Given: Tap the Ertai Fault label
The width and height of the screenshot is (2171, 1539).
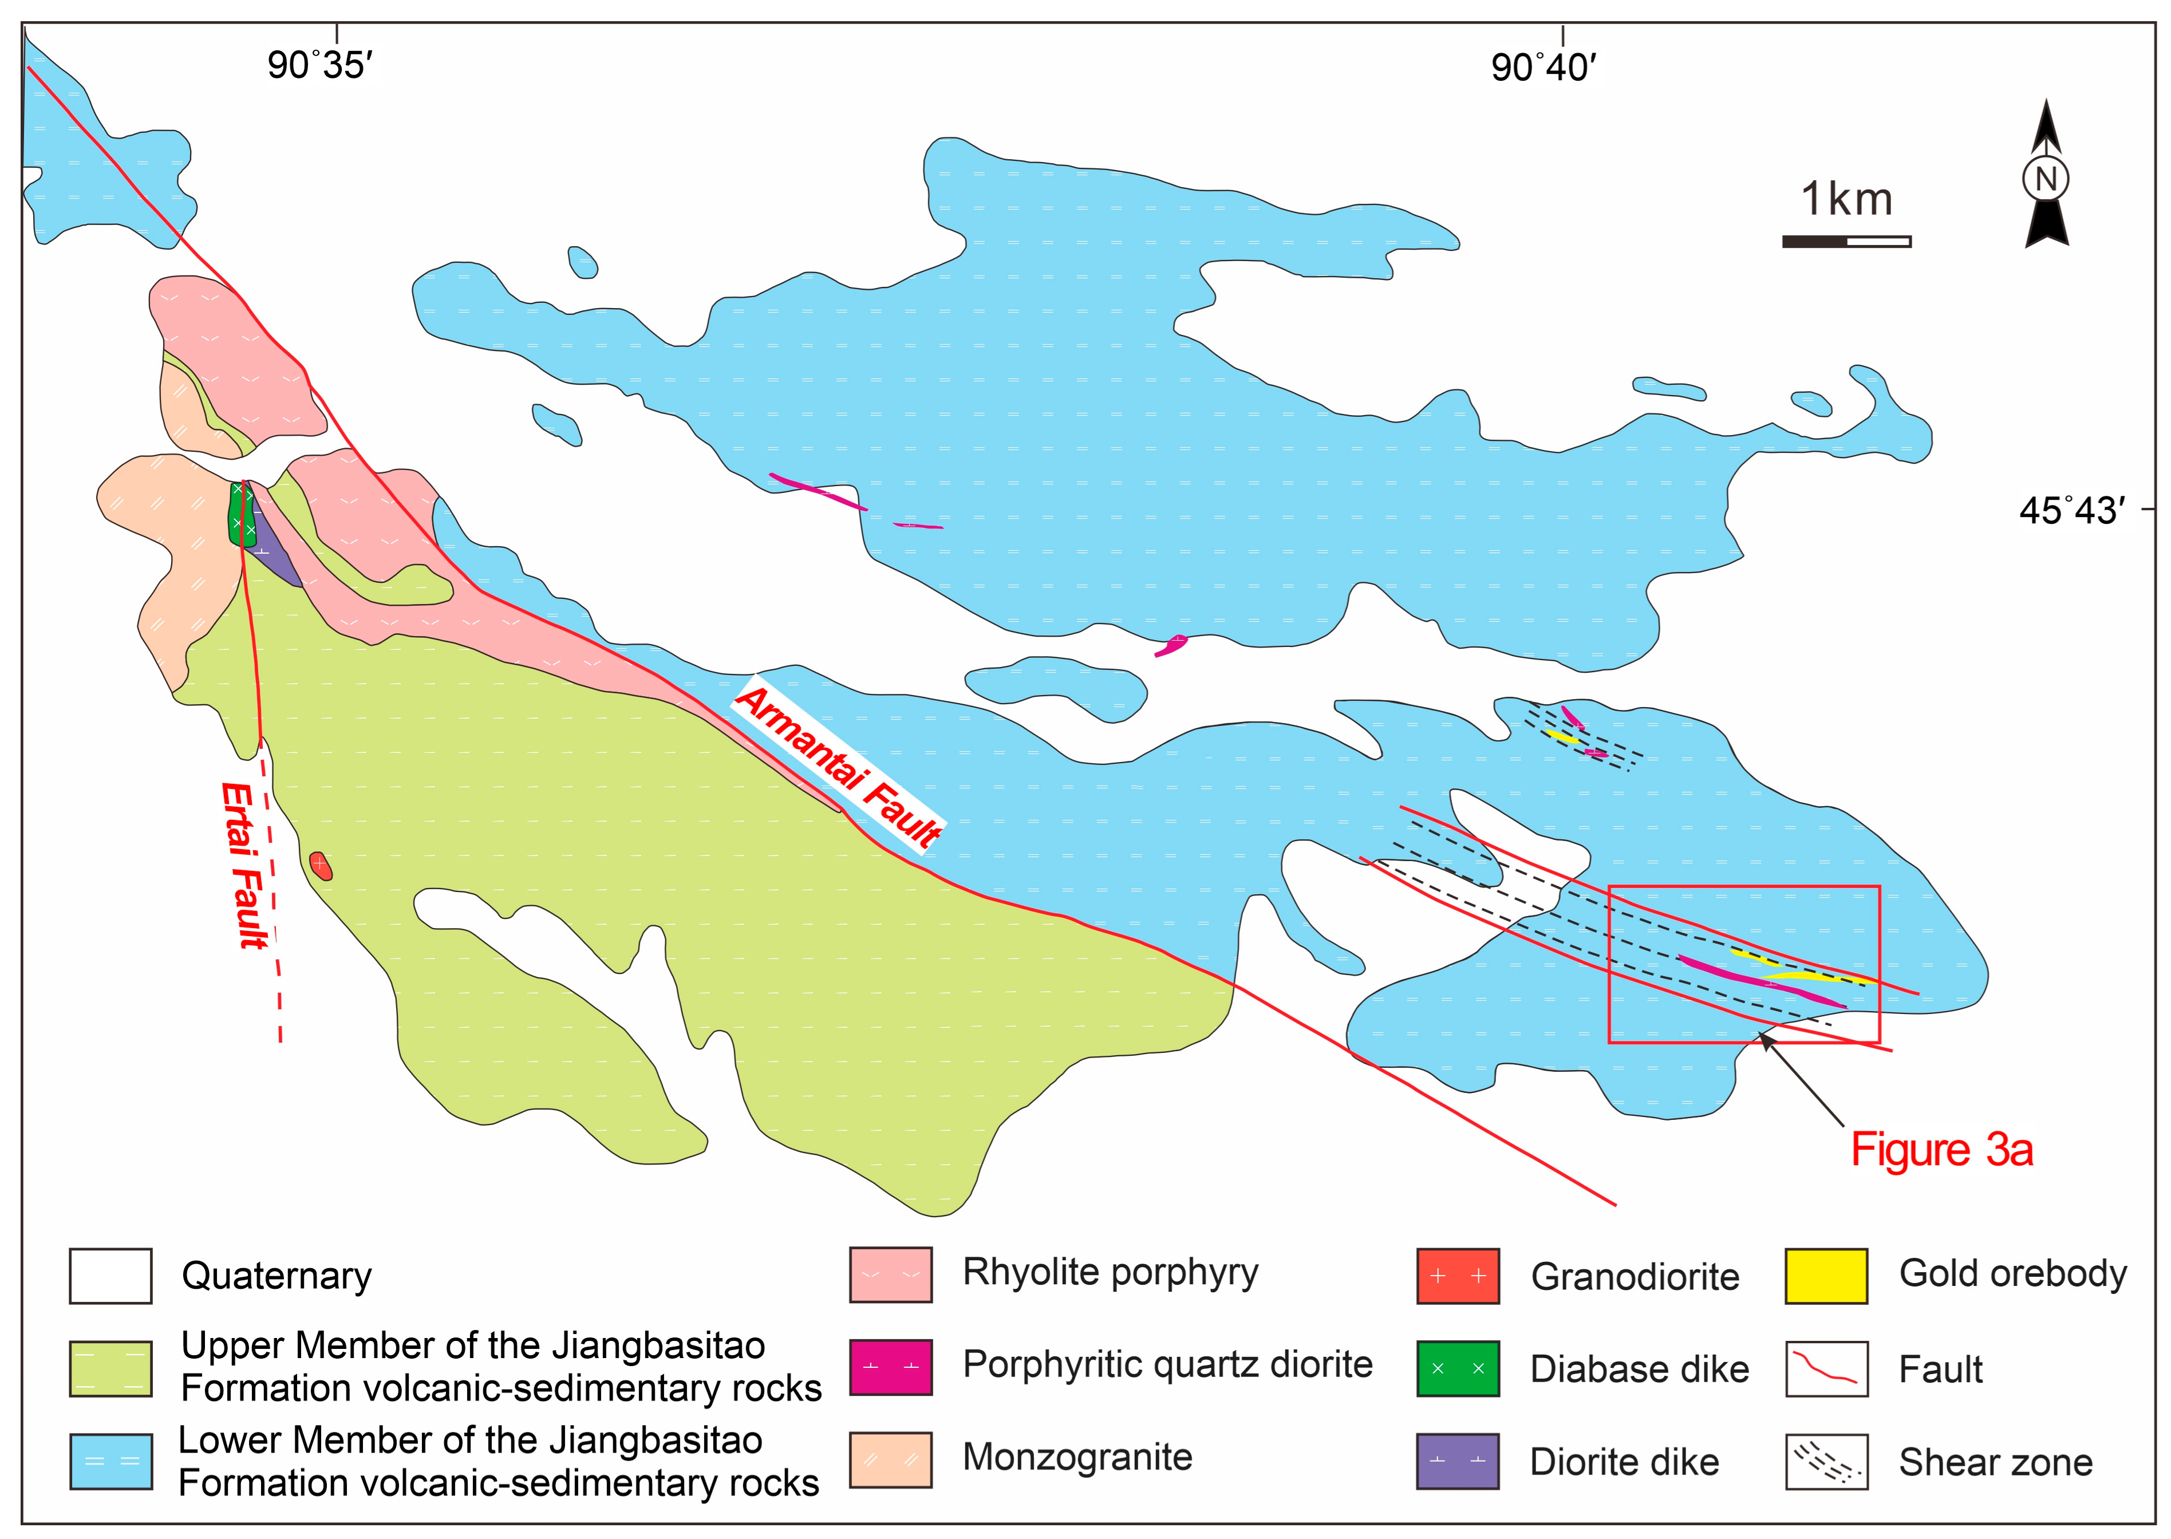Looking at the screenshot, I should tap(244, 865).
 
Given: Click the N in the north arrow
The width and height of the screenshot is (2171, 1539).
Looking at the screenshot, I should tap(2046, 178).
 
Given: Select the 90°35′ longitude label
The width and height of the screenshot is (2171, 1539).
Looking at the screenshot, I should tap(319, 65).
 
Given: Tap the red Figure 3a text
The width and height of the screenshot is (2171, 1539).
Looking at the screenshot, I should tap(1941, 1150).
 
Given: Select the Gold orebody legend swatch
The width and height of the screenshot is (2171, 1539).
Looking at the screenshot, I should tap(1825, 1276).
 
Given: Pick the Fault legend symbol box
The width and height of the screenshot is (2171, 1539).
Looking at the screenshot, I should tap(1825, 1368).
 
